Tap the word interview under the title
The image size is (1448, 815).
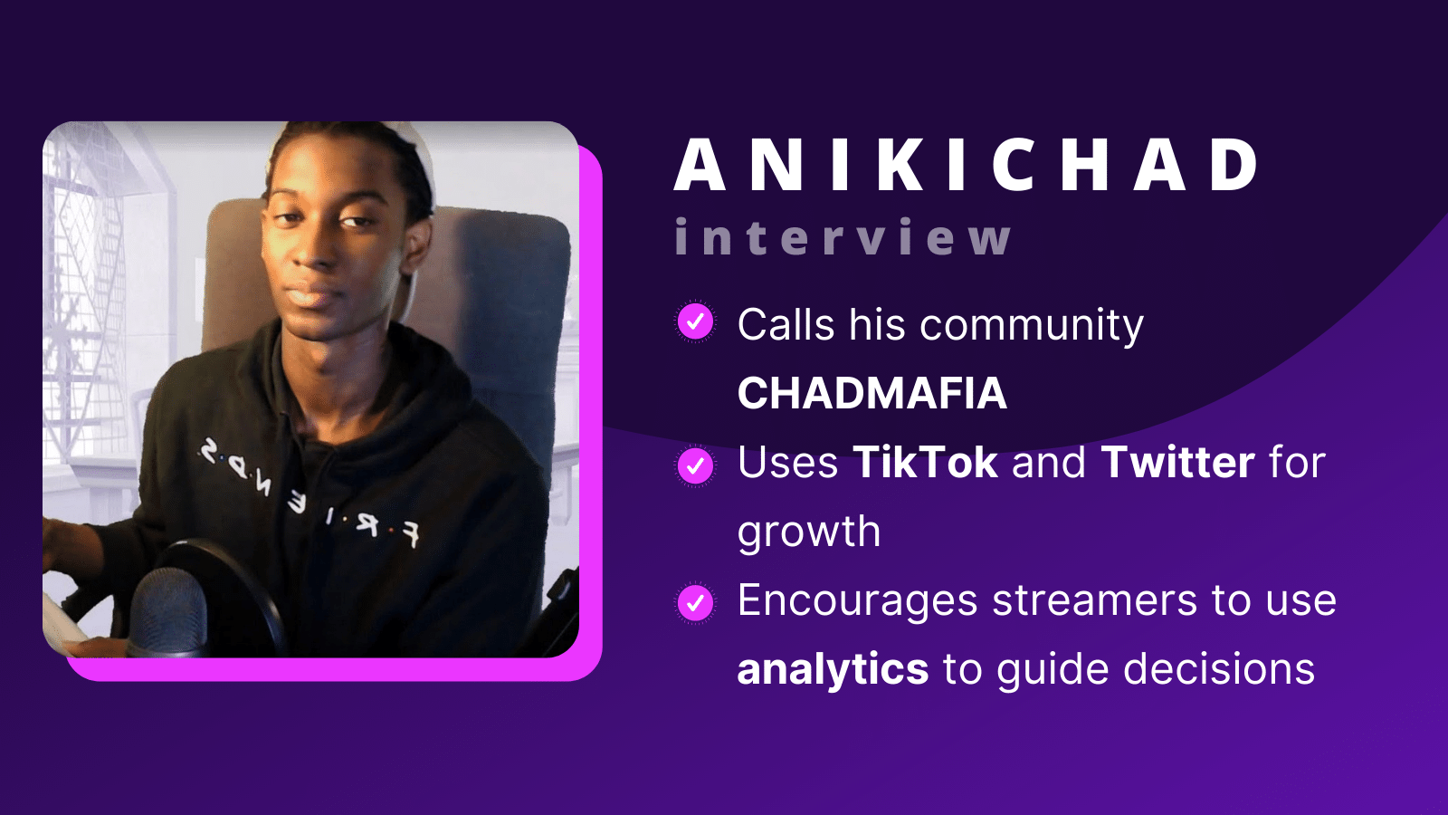tap(843, 237)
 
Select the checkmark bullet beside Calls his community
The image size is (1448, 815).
tap(695, 321)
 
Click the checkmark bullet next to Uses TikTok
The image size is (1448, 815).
tap(695, 465)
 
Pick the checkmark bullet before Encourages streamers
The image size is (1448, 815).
tap(695, 603)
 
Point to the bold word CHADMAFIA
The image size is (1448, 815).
tap(872, 393)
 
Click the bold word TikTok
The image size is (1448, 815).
tap(925, 463)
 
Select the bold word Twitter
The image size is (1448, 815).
tap(1177, 463)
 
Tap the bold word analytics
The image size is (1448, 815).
tap(833, 670)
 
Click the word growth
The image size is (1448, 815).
tap(808, 532)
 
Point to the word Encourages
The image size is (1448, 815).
tap(857, 601)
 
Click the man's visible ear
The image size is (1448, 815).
tap(418, 243)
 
